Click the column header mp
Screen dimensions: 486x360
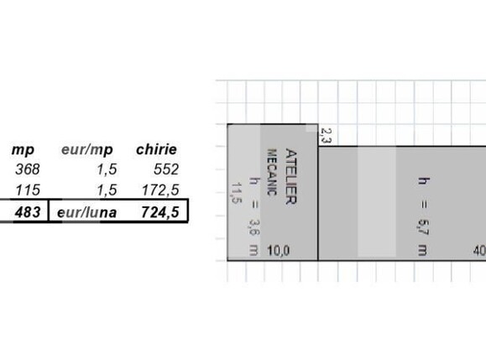pyautogui.click(x=23, y=150)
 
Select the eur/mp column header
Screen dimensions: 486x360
pyautogui.click(x=87, y=150)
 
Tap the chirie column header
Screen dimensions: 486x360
pyautogui.click(x=156, y=149)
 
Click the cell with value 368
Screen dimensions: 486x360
pyautogui.click(x=28, y=170)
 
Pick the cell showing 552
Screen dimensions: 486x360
pyautogui.click(x=166, y=170)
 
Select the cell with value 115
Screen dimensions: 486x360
pyautogui.click(x=28, y=190)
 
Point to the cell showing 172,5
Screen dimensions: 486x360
pyautogui.click(x=160, y=190)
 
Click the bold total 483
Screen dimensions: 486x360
pyautogui.click(x=28, y=212)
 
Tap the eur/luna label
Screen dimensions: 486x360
pyautogui.click(x=87, y=212)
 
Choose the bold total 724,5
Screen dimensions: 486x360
pyautogui.click(x=160, y=212)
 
